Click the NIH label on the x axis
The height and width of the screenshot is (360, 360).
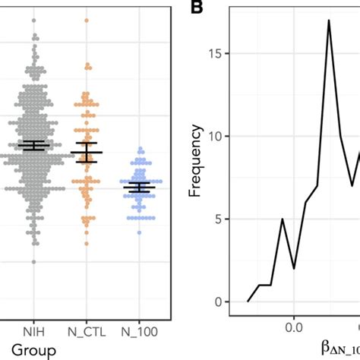click(x=34, y=331)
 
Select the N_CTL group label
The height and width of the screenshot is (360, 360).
click(x=87, y=331)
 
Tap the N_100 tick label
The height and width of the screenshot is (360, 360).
click(x=139, y=331)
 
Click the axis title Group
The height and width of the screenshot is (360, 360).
click(x=34, y=350)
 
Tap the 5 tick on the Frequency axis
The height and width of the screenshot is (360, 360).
click(x=219, y=219)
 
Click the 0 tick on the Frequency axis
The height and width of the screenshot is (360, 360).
click(x=219, y=302)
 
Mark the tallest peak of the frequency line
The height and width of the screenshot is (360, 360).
click(x=329, y=21)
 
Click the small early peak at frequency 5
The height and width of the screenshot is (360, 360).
click(x=283, y=219)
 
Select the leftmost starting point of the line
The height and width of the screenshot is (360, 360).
click(x=248, y=302)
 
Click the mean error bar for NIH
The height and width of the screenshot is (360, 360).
click(x=34, y=145)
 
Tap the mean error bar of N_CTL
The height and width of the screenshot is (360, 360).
click(x=87, y=153)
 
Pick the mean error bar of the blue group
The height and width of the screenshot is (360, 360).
click(x=139, y=187)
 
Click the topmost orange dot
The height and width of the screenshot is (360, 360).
click(x=87, y=21)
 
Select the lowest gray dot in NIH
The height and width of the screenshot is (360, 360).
click(x=34, y=261)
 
